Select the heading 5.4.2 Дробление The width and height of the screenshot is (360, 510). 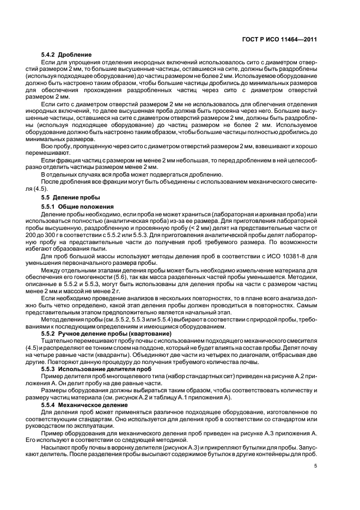(66, 55)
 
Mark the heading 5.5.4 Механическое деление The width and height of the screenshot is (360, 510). (82, 406)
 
